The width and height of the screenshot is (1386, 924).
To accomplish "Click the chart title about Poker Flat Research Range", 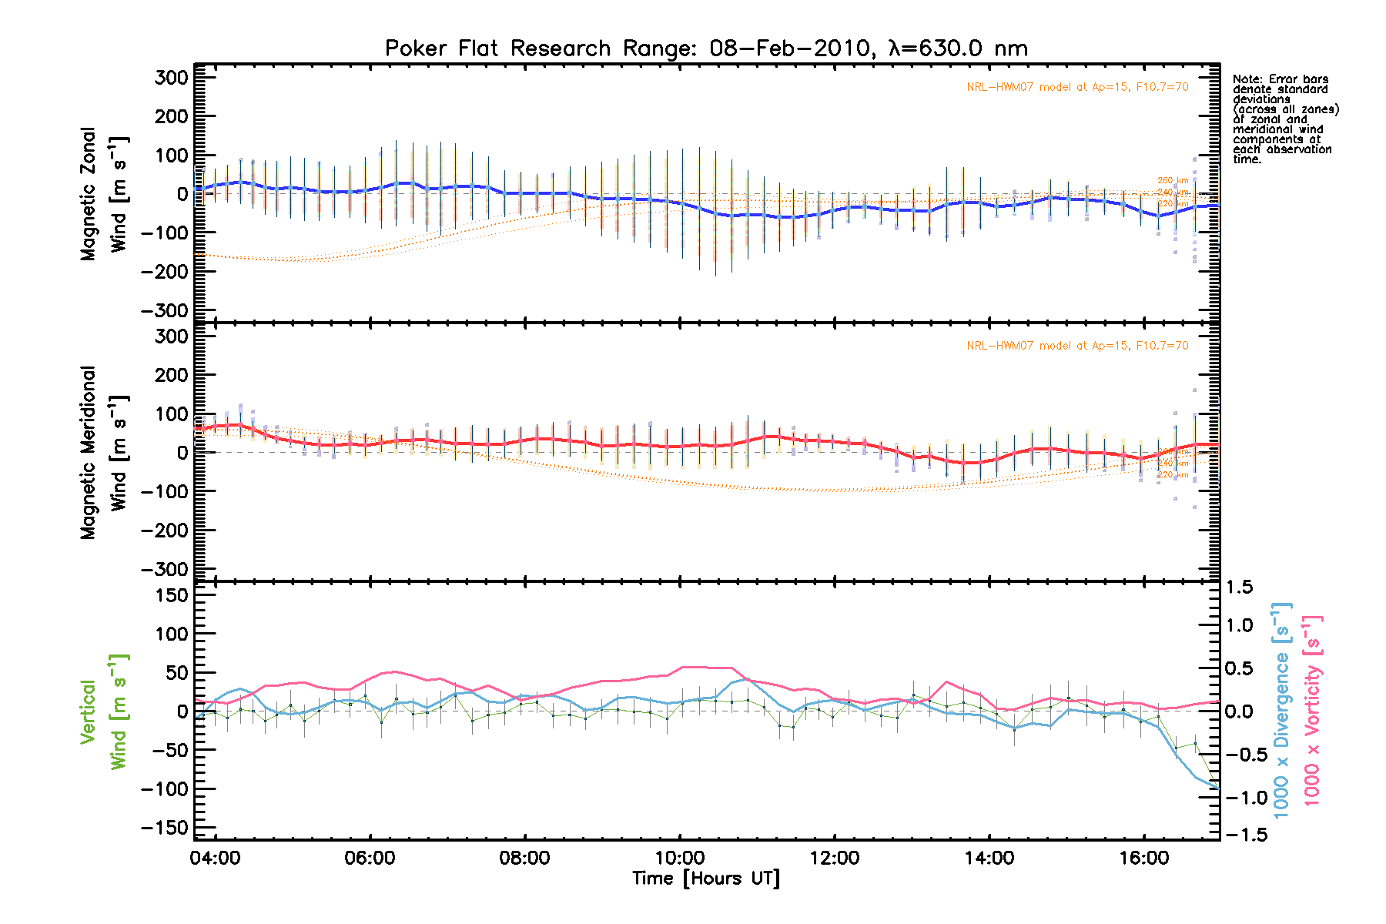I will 706,49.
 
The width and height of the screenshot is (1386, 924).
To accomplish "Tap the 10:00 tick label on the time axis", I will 680,858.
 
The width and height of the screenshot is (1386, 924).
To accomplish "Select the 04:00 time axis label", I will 215,858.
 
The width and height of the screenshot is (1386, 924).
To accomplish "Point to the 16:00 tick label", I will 1144,858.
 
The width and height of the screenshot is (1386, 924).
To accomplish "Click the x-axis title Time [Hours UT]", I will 705,879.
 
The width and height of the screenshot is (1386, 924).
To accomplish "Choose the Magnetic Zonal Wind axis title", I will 103,194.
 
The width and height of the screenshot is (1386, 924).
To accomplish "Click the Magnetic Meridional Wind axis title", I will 103,452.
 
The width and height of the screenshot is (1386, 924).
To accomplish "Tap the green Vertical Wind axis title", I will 103,711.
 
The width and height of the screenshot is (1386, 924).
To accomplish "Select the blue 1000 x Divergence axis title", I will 1281,710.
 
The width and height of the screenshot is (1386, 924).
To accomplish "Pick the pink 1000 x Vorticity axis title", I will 1312,710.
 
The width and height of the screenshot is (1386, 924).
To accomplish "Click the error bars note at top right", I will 1284,119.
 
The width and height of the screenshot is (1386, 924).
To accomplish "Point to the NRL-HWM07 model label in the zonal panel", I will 1077,87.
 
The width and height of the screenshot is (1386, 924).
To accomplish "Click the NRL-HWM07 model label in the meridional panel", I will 1077,346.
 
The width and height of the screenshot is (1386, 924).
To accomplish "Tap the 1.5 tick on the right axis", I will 1239,587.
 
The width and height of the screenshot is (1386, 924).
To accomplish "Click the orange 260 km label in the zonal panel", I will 1173,181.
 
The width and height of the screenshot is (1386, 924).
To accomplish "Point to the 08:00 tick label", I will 524,858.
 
